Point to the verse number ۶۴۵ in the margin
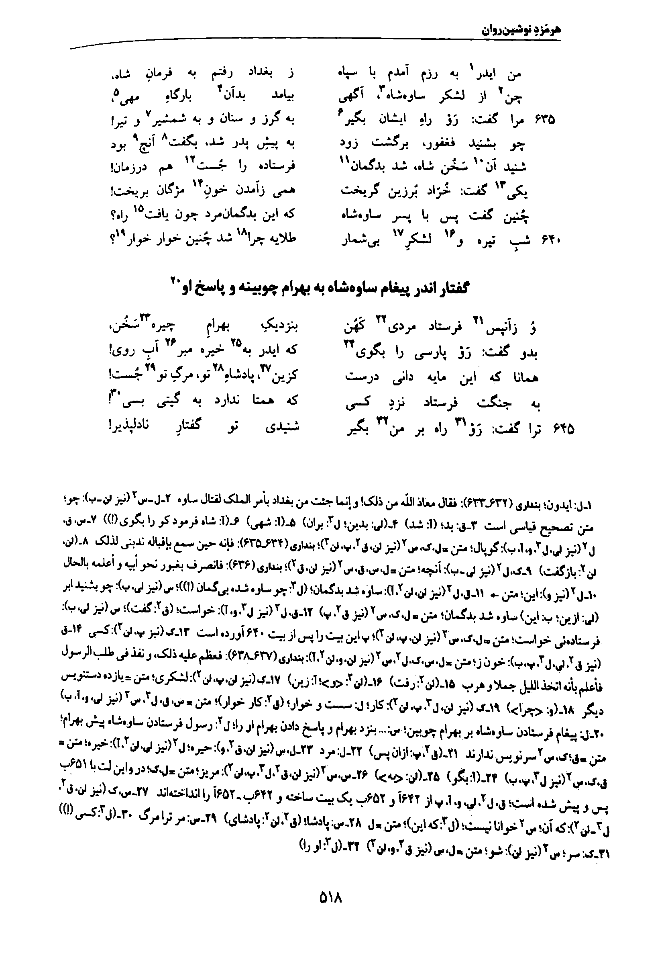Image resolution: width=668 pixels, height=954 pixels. click(x=564, y=430)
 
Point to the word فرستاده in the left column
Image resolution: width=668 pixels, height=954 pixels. click(x=278, y=167)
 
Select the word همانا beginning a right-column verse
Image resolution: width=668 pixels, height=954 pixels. click(x=524, y=378)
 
